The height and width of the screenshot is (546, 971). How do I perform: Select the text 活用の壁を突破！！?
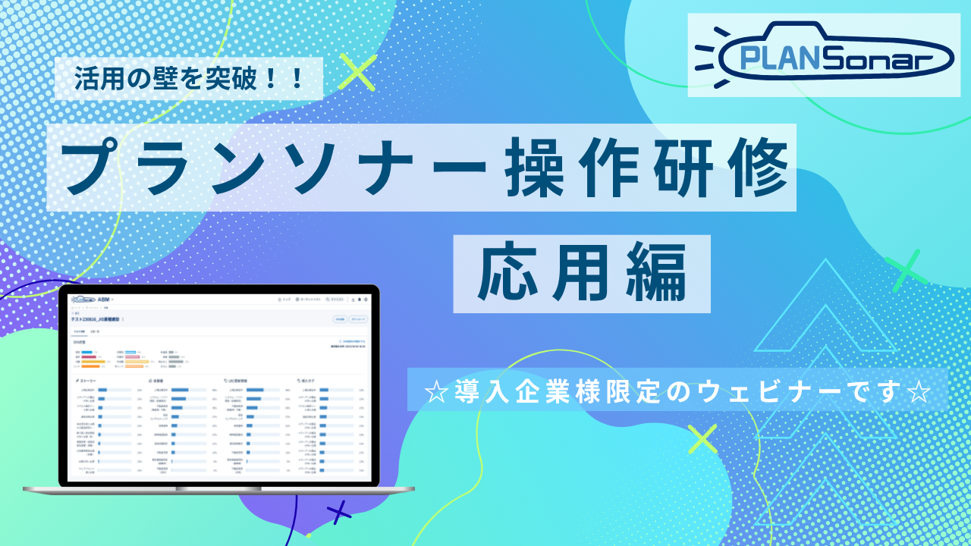coord(190,78)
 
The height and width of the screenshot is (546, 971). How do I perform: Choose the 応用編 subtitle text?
coord(581,274)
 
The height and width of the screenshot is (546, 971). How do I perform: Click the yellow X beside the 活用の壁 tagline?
coord(357,73)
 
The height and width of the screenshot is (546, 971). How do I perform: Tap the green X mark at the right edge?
coord(905,269)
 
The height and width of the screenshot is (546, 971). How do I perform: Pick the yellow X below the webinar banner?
coord(702,438)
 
